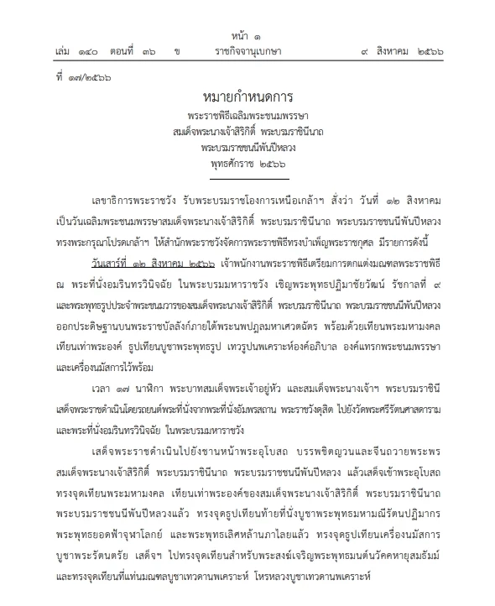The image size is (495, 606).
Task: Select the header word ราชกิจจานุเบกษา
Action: point(247,52)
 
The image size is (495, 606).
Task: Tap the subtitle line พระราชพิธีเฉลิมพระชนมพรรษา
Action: point(247,119)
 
